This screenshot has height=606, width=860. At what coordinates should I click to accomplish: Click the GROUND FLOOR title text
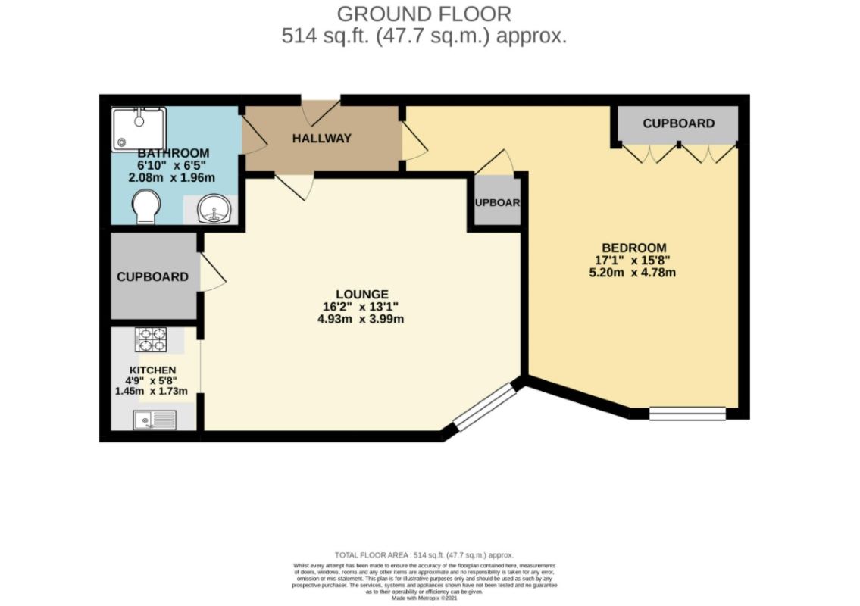424,14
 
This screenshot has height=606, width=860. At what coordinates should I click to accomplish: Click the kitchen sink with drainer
155,419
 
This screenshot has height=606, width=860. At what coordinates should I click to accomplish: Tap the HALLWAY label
322,138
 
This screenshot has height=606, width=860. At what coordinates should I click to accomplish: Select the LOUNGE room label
362,294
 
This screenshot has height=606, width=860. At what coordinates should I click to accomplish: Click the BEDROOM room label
633,248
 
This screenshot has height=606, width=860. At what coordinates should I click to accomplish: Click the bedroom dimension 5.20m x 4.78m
633,272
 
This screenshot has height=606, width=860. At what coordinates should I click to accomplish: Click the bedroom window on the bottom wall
687,414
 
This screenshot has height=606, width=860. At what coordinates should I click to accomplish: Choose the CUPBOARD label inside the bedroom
678,123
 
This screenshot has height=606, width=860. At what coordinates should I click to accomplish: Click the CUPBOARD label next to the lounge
152,276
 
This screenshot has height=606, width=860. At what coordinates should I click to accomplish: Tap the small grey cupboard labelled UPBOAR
497,202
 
